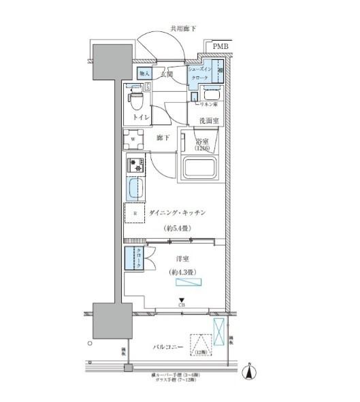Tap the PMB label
[x=220, y=46]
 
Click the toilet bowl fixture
[x=136, y=101]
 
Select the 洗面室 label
[x=208, y=120]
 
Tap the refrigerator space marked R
[x=135, y=214]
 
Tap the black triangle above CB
[x=182, y=300]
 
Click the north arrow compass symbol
[x=252, y=372]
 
